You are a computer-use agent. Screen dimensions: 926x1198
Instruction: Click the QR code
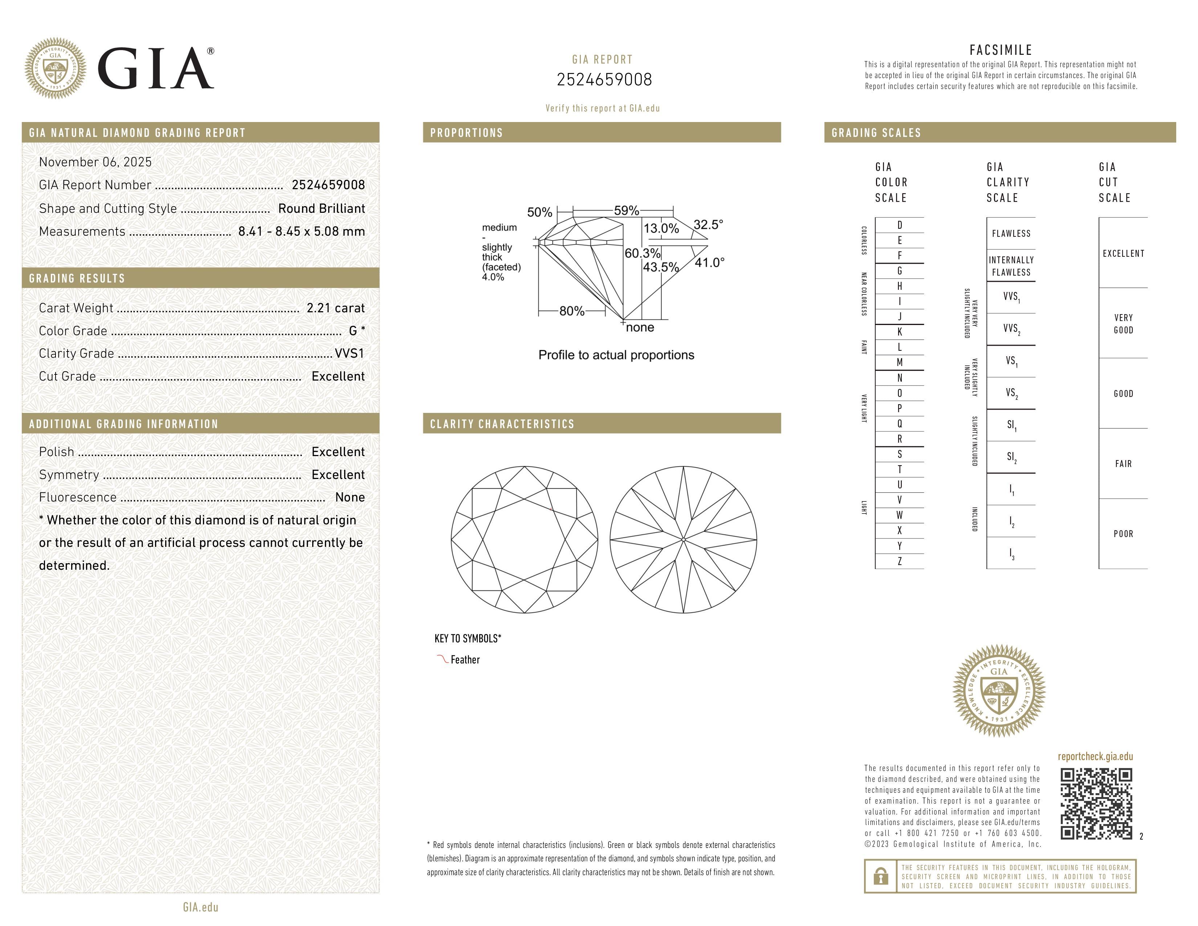(1096, 804)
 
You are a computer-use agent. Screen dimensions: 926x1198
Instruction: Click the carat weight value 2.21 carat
(335, 308)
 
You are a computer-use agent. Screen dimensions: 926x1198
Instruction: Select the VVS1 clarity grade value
(349, 354)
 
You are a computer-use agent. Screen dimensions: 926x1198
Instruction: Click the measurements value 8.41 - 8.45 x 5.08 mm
(301, 232)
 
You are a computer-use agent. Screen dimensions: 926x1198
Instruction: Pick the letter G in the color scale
(900, 271)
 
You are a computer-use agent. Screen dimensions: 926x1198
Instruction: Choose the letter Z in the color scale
(900, 561)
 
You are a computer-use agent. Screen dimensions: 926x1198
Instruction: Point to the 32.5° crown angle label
(708, 225)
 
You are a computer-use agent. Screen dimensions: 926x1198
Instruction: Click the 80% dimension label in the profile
(571, 311)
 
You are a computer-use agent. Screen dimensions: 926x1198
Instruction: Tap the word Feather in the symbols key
(465, 660)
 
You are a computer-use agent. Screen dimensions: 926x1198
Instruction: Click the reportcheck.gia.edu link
(1095, 756)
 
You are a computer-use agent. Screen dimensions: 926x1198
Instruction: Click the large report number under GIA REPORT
(604, 80)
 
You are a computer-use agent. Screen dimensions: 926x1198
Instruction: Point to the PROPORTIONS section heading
(466, 133)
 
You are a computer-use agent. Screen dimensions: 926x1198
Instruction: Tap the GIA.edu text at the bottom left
(201, 907)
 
